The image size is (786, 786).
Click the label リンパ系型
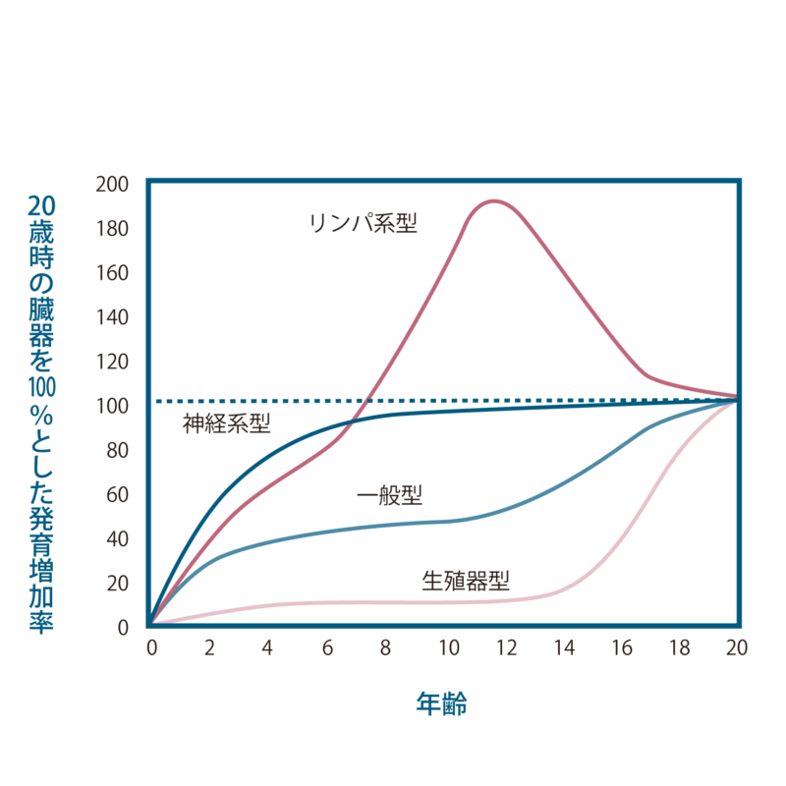364,223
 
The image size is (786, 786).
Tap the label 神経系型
227,424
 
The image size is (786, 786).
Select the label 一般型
390,495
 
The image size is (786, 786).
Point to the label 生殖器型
466,580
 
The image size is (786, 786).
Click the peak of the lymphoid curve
492,201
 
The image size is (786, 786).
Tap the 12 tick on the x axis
507,648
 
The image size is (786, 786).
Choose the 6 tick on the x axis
327,648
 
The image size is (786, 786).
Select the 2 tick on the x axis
210,648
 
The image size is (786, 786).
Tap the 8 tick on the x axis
386,648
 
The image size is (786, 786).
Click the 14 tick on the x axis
565,648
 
